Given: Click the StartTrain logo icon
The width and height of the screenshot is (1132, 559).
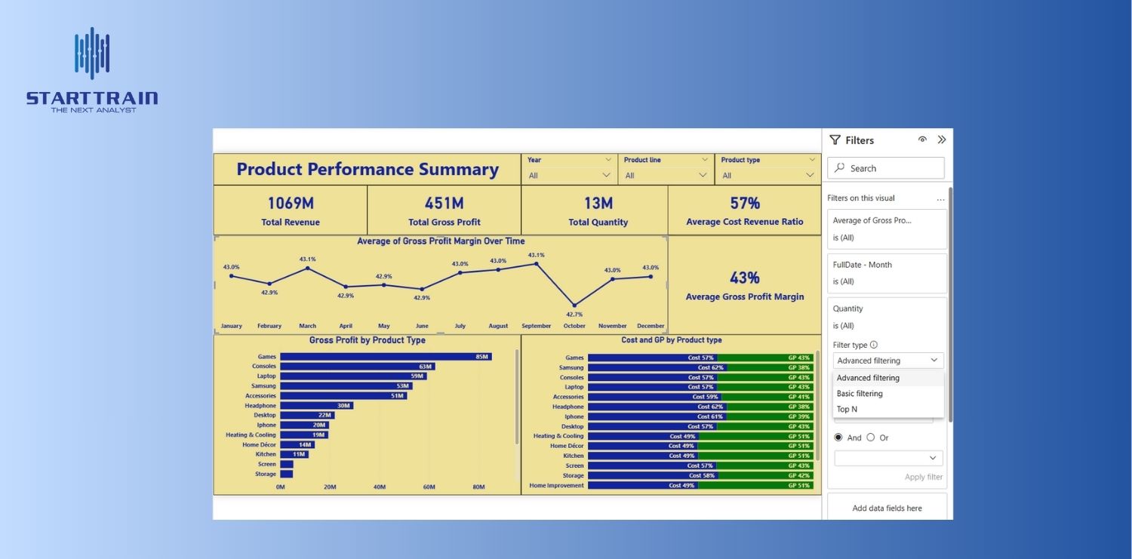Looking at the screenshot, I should tap(92, 54).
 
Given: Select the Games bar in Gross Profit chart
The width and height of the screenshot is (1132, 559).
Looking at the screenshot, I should tap(385, 357).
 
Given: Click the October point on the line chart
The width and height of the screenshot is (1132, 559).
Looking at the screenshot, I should tap(574, 305).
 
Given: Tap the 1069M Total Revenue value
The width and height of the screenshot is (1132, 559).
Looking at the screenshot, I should tap(291, 203).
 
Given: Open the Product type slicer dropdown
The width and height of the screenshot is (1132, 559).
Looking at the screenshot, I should tap(810, 176).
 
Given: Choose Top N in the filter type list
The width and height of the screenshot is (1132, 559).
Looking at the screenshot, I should tap(847, 410).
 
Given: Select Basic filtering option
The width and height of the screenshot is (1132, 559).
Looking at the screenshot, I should tap(860, 394).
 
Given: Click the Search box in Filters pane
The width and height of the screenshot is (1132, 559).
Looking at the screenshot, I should tap(886, 168).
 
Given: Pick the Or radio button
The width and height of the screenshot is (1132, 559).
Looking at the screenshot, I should tap(871, 438).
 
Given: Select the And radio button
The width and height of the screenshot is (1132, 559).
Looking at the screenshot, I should tap(838, 438).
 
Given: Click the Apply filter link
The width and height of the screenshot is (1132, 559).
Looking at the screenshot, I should tap(924, 477).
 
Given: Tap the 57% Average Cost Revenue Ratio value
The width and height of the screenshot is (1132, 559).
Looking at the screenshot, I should tap(745, 203).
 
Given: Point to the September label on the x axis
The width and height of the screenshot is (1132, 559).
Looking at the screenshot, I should tap(536, 326).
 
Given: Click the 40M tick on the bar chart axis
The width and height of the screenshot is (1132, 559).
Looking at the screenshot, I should tap(380, 487).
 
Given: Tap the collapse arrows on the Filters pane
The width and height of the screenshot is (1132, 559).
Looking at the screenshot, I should tap(942, 140).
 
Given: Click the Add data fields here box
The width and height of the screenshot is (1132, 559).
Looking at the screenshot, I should tap(887, 508).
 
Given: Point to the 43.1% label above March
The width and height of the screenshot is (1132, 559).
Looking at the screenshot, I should tap(307, 259).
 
